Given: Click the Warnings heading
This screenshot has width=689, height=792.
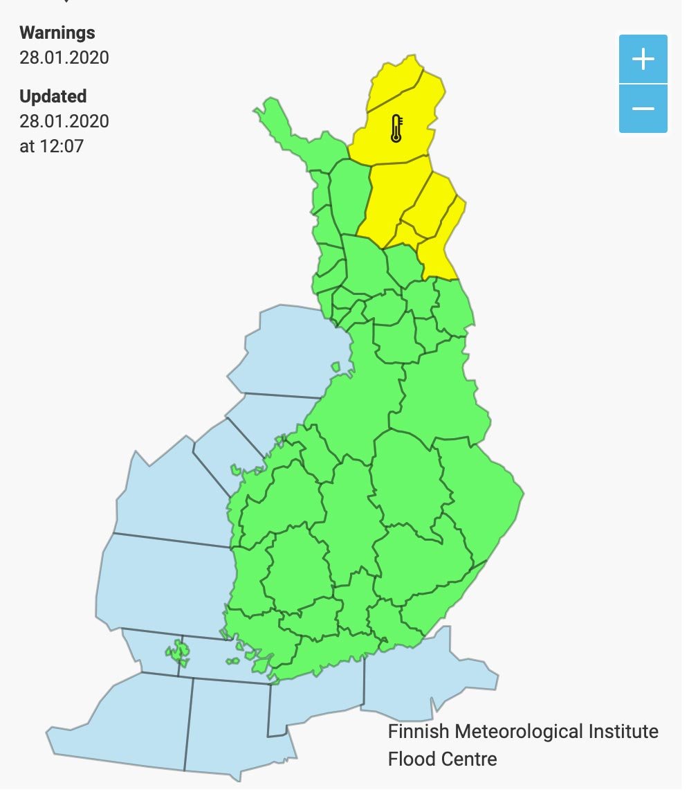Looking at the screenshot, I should pos(57,33).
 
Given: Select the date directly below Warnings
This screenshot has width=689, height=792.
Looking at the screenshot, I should pos(64,57).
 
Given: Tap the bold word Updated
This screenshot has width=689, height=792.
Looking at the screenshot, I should pos(53,96).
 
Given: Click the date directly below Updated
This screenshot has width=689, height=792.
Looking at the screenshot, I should pos(64,121).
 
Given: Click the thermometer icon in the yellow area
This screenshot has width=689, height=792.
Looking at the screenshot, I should pos(396,129).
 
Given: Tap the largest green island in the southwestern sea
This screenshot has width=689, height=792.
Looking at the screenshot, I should pos(181,651).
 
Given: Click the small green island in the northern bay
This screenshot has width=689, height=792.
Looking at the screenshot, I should pos(336,367).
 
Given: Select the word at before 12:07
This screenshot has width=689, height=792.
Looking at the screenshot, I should pos(27,146).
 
